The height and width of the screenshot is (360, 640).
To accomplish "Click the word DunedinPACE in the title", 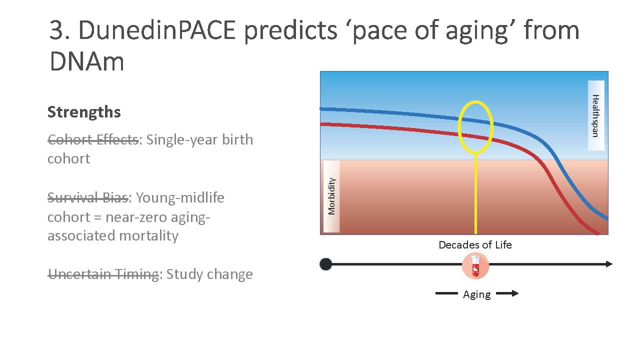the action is (157, 30).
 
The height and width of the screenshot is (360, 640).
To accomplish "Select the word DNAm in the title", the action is (87, 61).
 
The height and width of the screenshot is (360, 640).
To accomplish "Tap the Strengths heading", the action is (84, 111).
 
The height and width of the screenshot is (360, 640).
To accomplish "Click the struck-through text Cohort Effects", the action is (93, 139).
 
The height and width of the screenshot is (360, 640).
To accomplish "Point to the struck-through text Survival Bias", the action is (88, 197).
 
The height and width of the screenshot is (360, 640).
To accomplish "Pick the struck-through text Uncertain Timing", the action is (103, 274).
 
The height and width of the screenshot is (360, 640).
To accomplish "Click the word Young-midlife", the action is (180, 198).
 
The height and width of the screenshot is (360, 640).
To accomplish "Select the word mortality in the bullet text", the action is (148, 236).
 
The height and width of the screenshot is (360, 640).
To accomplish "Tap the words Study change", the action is (209, 274).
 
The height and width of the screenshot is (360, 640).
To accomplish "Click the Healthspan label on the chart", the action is (595, 115).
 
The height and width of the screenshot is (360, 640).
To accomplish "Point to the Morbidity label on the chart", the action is (331, 196).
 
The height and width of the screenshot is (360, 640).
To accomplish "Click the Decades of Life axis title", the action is (475, 245).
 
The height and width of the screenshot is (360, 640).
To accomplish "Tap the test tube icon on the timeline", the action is (475, 265).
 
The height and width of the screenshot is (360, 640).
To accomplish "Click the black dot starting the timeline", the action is (325, 264).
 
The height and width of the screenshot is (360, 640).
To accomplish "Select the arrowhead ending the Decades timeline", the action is (609, 264).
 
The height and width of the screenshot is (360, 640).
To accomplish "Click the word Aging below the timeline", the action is (477, 294).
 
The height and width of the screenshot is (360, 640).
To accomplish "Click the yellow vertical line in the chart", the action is (475, 194).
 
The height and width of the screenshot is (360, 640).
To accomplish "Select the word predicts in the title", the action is (291, 31).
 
